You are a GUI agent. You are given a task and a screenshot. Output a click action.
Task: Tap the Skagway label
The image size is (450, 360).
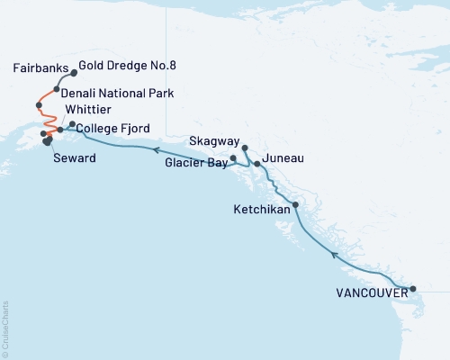point(214,142)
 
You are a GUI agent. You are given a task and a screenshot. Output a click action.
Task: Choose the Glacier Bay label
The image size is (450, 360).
point(195,164)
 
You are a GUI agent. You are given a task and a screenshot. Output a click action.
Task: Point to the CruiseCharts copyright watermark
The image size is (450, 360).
point(6,328)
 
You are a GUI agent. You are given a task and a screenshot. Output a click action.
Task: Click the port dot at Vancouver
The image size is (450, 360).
point(413,289)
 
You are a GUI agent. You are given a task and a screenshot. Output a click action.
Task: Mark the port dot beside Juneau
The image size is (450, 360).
point(257,164)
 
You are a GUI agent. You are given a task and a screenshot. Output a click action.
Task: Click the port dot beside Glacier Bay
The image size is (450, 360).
point(234,158)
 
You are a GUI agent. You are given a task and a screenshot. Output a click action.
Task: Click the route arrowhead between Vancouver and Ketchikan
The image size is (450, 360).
point(335,255)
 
